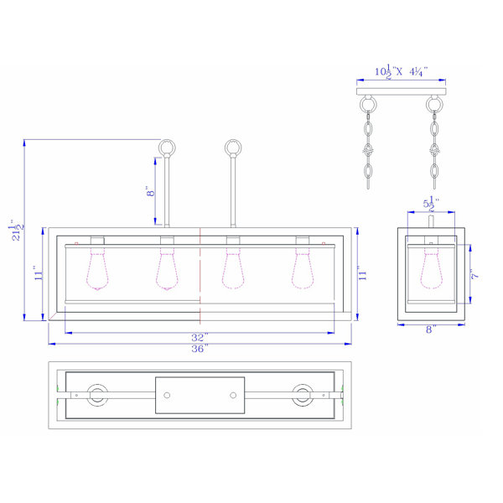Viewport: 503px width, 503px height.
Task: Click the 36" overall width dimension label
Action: point(200,349)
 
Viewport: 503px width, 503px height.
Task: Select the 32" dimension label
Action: point(200,338)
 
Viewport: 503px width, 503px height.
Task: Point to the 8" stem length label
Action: point(150,191)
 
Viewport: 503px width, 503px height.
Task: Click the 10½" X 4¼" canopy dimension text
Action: point(402,71)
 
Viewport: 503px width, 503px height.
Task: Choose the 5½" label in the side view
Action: point(431,204)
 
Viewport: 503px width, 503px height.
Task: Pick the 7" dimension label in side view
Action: point(475,274)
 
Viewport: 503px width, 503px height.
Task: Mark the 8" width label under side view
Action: point(431,329)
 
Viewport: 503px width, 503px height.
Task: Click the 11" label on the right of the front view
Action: point(362,273)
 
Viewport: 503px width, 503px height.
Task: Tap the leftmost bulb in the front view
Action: point(97,268)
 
